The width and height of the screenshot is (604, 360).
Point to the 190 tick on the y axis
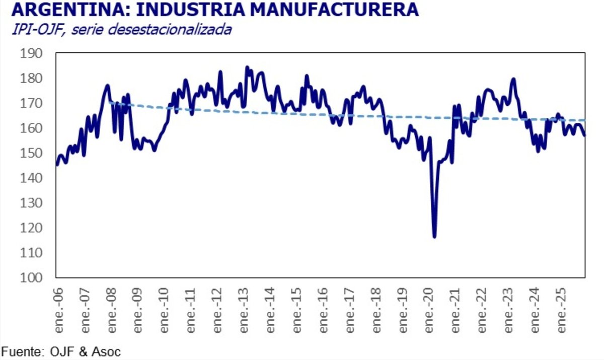click(x=32, y=54)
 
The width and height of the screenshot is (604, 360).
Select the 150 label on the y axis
click(x=32, y=154)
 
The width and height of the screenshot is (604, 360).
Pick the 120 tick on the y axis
click(x=32, y=228)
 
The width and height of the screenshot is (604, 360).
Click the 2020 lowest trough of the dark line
click(x=434, y=237)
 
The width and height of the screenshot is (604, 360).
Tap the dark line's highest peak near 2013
click(x=247, y=67)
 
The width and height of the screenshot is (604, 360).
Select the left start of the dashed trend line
click(x=109, y=103)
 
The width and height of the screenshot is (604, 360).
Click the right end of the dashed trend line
click(x=584, y=120)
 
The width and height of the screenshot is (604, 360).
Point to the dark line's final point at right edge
click(x=584, y=135)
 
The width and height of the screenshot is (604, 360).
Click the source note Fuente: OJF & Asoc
click(x=61, y=351)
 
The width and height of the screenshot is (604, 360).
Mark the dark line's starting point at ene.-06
click(x=56, y=164)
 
